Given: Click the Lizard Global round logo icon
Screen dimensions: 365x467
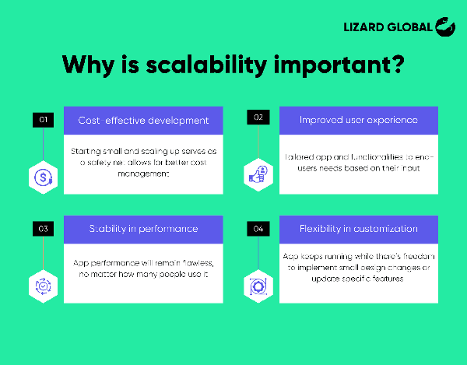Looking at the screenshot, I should point(445,26).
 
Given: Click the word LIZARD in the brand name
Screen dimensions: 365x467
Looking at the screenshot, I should point(365,27).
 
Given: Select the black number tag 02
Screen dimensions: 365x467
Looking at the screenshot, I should point(258,118).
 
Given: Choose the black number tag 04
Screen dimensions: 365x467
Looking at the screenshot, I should point(258,229).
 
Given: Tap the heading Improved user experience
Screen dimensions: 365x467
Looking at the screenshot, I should point(358,120).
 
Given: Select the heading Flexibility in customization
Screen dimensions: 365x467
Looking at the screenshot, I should point(358,229).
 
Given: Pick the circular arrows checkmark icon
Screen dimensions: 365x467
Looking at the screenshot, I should point(42,286).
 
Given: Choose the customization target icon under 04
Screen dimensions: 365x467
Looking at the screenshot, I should point(258,286).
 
